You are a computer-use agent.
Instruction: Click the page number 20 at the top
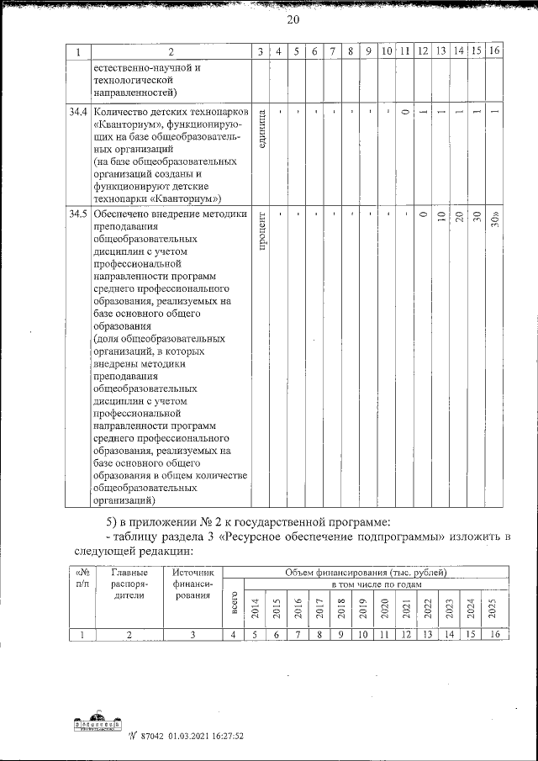268,20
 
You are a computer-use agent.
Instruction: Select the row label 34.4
77,111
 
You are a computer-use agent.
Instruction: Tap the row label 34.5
77,214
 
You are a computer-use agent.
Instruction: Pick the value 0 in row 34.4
405,113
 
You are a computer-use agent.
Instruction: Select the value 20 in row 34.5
459,216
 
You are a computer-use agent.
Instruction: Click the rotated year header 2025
493,607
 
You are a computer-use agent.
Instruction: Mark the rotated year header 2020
384,607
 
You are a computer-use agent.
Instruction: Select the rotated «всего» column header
233,607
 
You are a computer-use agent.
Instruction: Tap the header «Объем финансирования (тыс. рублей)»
366,573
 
